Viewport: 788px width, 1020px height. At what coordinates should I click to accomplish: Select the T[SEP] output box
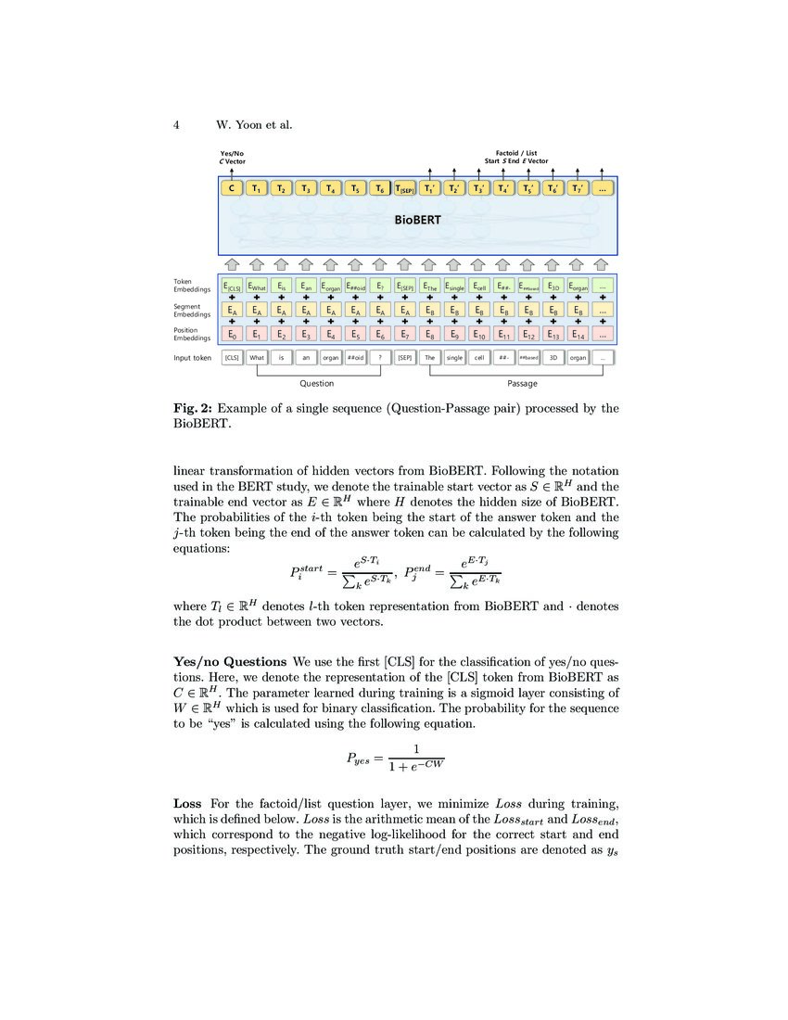tap(405, 189)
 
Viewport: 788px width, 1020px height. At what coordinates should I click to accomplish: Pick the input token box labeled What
tap(257, 357)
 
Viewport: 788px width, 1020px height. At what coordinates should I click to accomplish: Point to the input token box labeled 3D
tap(553, 357)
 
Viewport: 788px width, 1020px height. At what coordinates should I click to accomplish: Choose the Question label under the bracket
tap(316, 383)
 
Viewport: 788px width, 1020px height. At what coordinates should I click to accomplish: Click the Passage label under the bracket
tap(522, 383)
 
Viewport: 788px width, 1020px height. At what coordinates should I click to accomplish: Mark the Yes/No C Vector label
tap(232, 157)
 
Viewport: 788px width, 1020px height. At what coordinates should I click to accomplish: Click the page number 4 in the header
tap(177, 125)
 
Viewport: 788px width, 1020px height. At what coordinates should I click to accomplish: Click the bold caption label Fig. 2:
tap(193, 408)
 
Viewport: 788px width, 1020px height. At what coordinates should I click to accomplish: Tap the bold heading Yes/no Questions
tap(230, 662)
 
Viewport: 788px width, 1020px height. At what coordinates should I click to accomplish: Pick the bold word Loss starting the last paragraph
tap(187, 802)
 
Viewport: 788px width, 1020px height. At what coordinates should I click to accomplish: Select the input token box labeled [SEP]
tap(405, 357)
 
